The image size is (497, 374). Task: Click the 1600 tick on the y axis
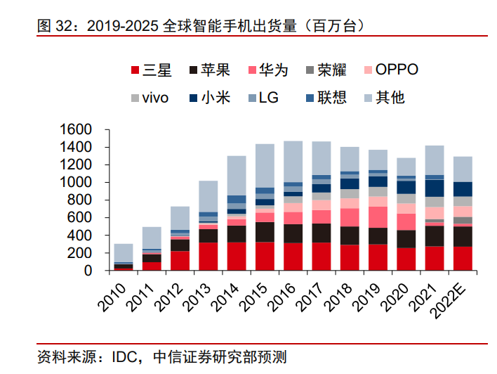pyautogui.click(x=77, y=130)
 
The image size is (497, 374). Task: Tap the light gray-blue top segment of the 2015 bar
pyautogui.click(x=265, y=165)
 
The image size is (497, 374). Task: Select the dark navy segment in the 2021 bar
pyautogui.click(x=435, y=188)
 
